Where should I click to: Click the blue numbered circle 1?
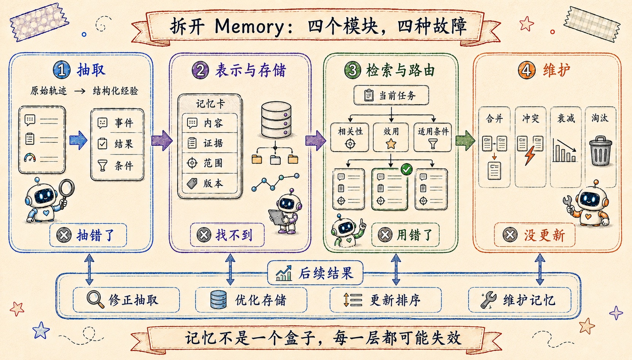click(62, 70)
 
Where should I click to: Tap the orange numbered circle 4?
click(527, 70)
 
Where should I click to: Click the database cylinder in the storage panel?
click(276, 120)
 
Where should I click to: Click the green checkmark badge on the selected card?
click(407, 169)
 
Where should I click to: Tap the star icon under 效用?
click(391, 144)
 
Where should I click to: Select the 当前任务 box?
click(391, 95)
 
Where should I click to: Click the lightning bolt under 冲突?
click(530, 155)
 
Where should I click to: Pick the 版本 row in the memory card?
click(210, 183)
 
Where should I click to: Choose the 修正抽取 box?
click(126, 300)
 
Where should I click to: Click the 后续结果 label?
click(315, 273)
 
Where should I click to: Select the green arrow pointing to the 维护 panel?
click(465, 140)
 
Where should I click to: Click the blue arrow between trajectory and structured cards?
click(78, 140)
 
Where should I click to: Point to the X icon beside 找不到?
click(204, 235)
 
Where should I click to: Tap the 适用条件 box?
click(433, 137)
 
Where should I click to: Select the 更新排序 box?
click(386, 300)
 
